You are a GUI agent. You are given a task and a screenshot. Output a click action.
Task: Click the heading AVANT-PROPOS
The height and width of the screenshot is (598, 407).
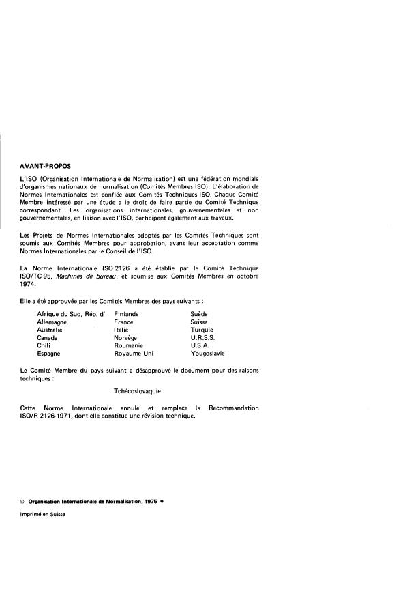pos(46,165)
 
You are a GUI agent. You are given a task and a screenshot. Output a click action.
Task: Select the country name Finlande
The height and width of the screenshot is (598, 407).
pos(127,313)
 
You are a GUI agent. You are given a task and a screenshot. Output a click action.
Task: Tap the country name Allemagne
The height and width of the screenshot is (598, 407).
pos(52,322)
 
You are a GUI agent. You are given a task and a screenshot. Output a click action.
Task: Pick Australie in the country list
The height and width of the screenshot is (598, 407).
pos(51,330)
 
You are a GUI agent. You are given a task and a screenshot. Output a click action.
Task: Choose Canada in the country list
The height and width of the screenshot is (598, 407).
pos(48,338)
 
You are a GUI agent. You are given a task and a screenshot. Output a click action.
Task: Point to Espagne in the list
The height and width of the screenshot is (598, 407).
pos(49,354)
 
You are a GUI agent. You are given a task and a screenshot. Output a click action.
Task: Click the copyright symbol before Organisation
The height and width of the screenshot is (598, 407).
pos(23,502)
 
